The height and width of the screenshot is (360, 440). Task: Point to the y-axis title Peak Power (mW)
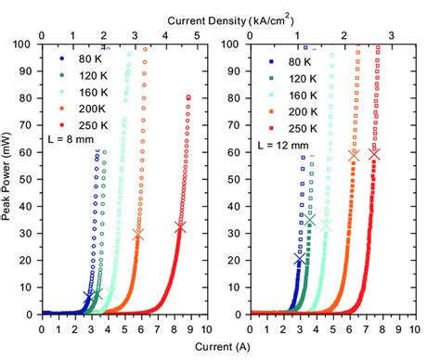tap(10, 179)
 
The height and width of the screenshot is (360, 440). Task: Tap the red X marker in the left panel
tap(180, 226)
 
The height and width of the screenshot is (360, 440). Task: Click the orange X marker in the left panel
tap(139, 235)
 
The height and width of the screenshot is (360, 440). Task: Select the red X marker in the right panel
tap(374, 154)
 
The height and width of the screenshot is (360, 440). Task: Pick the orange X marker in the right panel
tap(354, 156)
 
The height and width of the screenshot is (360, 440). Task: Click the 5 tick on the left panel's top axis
tap(197, 34)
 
